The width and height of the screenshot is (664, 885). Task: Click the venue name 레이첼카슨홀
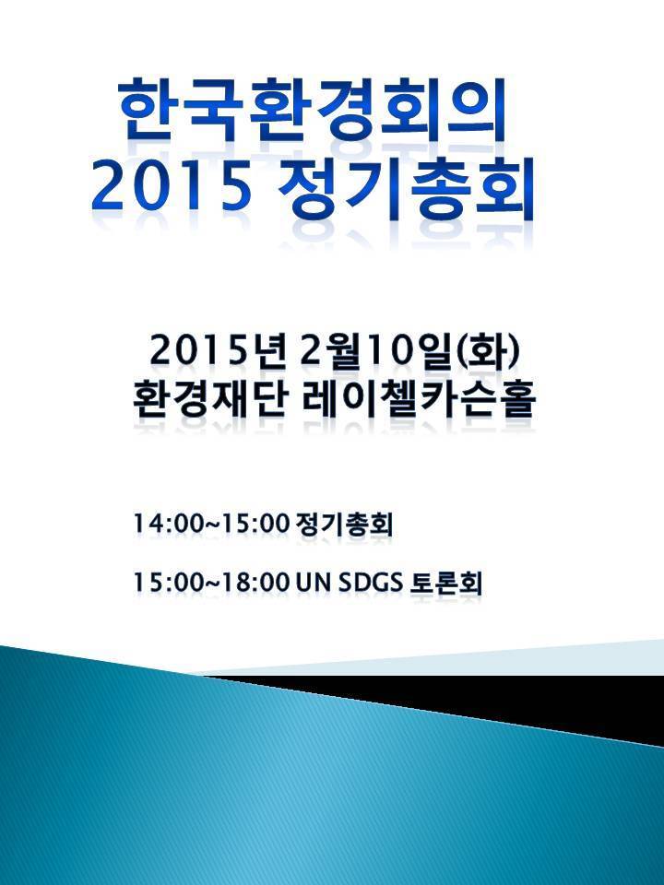click(419, 399)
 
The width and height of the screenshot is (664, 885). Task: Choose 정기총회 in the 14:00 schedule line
click(344, 524)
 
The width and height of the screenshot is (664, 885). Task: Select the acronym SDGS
click(371, 583)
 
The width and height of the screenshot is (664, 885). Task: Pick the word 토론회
click(446, 583)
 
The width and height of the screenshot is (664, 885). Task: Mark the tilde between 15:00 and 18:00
click(212, 584)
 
